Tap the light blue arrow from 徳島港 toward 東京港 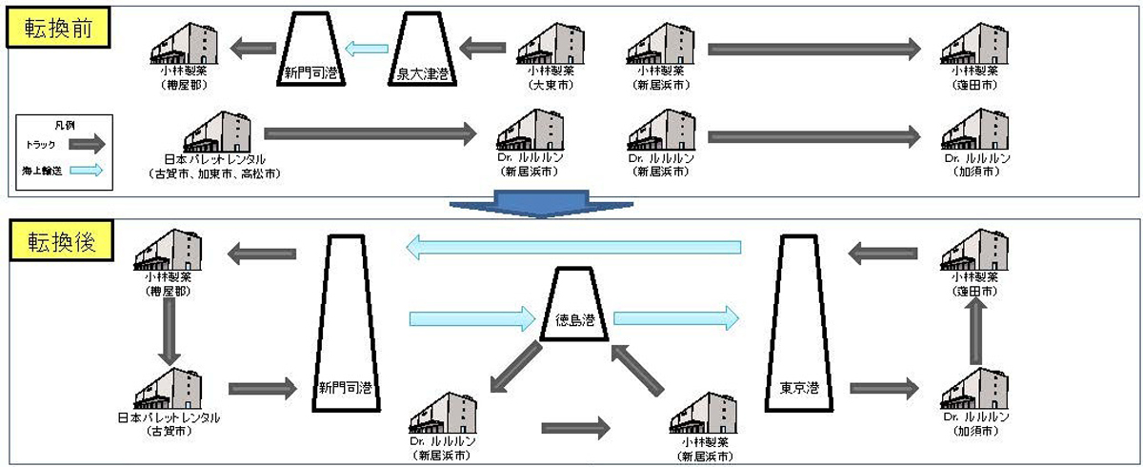675,316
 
